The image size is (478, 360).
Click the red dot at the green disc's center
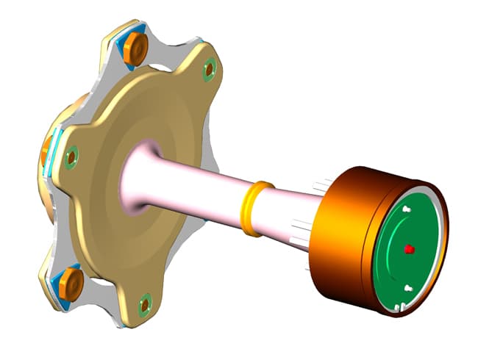(409, 249)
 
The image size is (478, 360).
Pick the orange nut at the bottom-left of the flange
(71, 281)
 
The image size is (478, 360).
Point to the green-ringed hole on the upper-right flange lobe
(209, 69)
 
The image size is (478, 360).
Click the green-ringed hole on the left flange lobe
(71, 156)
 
